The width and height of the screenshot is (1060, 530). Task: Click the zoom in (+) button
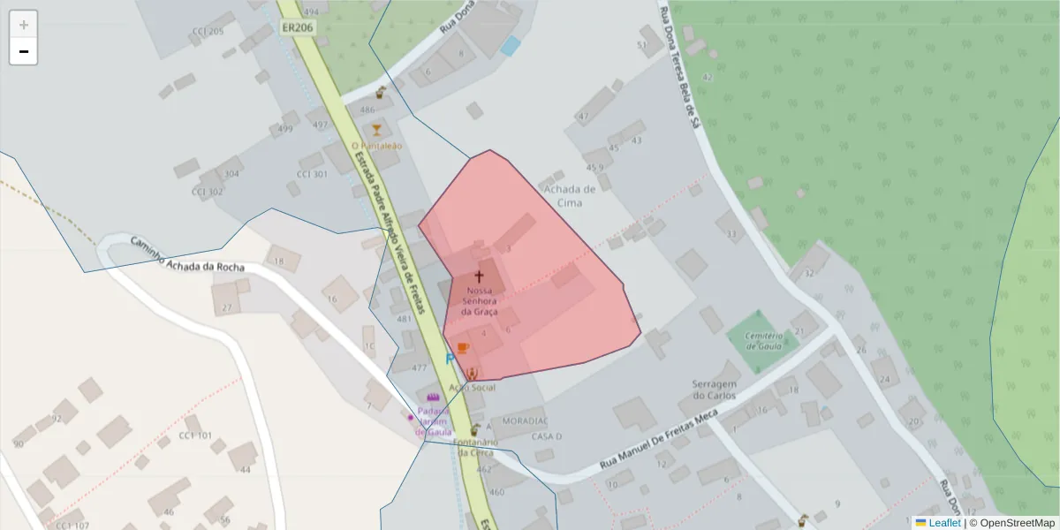click(24, 25)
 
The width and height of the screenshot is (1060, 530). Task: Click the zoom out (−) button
click(24, 51)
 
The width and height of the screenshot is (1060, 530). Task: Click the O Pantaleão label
click(376, 146)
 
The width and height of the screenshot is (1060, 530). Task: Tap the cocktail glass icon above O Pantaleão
click(377, 130)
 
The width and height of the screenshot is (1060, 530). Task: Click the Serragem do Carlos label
click(715, 390)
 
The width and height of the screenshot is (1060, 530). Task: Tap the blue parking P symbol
click(450, 359)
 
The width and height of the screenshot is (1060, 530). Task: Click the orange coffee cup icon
click(462, 347)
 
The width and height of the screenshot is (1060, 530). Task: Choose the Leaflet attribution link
click(944, 522)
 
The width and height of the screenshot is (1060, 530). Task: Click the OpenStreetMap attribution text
click(1011, 522)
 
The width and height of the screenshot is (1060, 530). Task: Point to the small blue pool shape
click(511, 46)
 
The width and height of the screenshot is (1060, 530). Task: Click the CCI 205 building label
click(208, 32)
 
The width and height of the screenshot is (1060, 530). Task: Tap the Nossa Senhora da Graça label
click(480, 301)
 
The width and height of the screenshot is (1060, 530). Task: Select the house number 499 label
click(284, 129)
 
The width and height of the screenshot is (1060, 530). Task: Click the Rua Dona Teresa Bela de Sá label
click(680, 66)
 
